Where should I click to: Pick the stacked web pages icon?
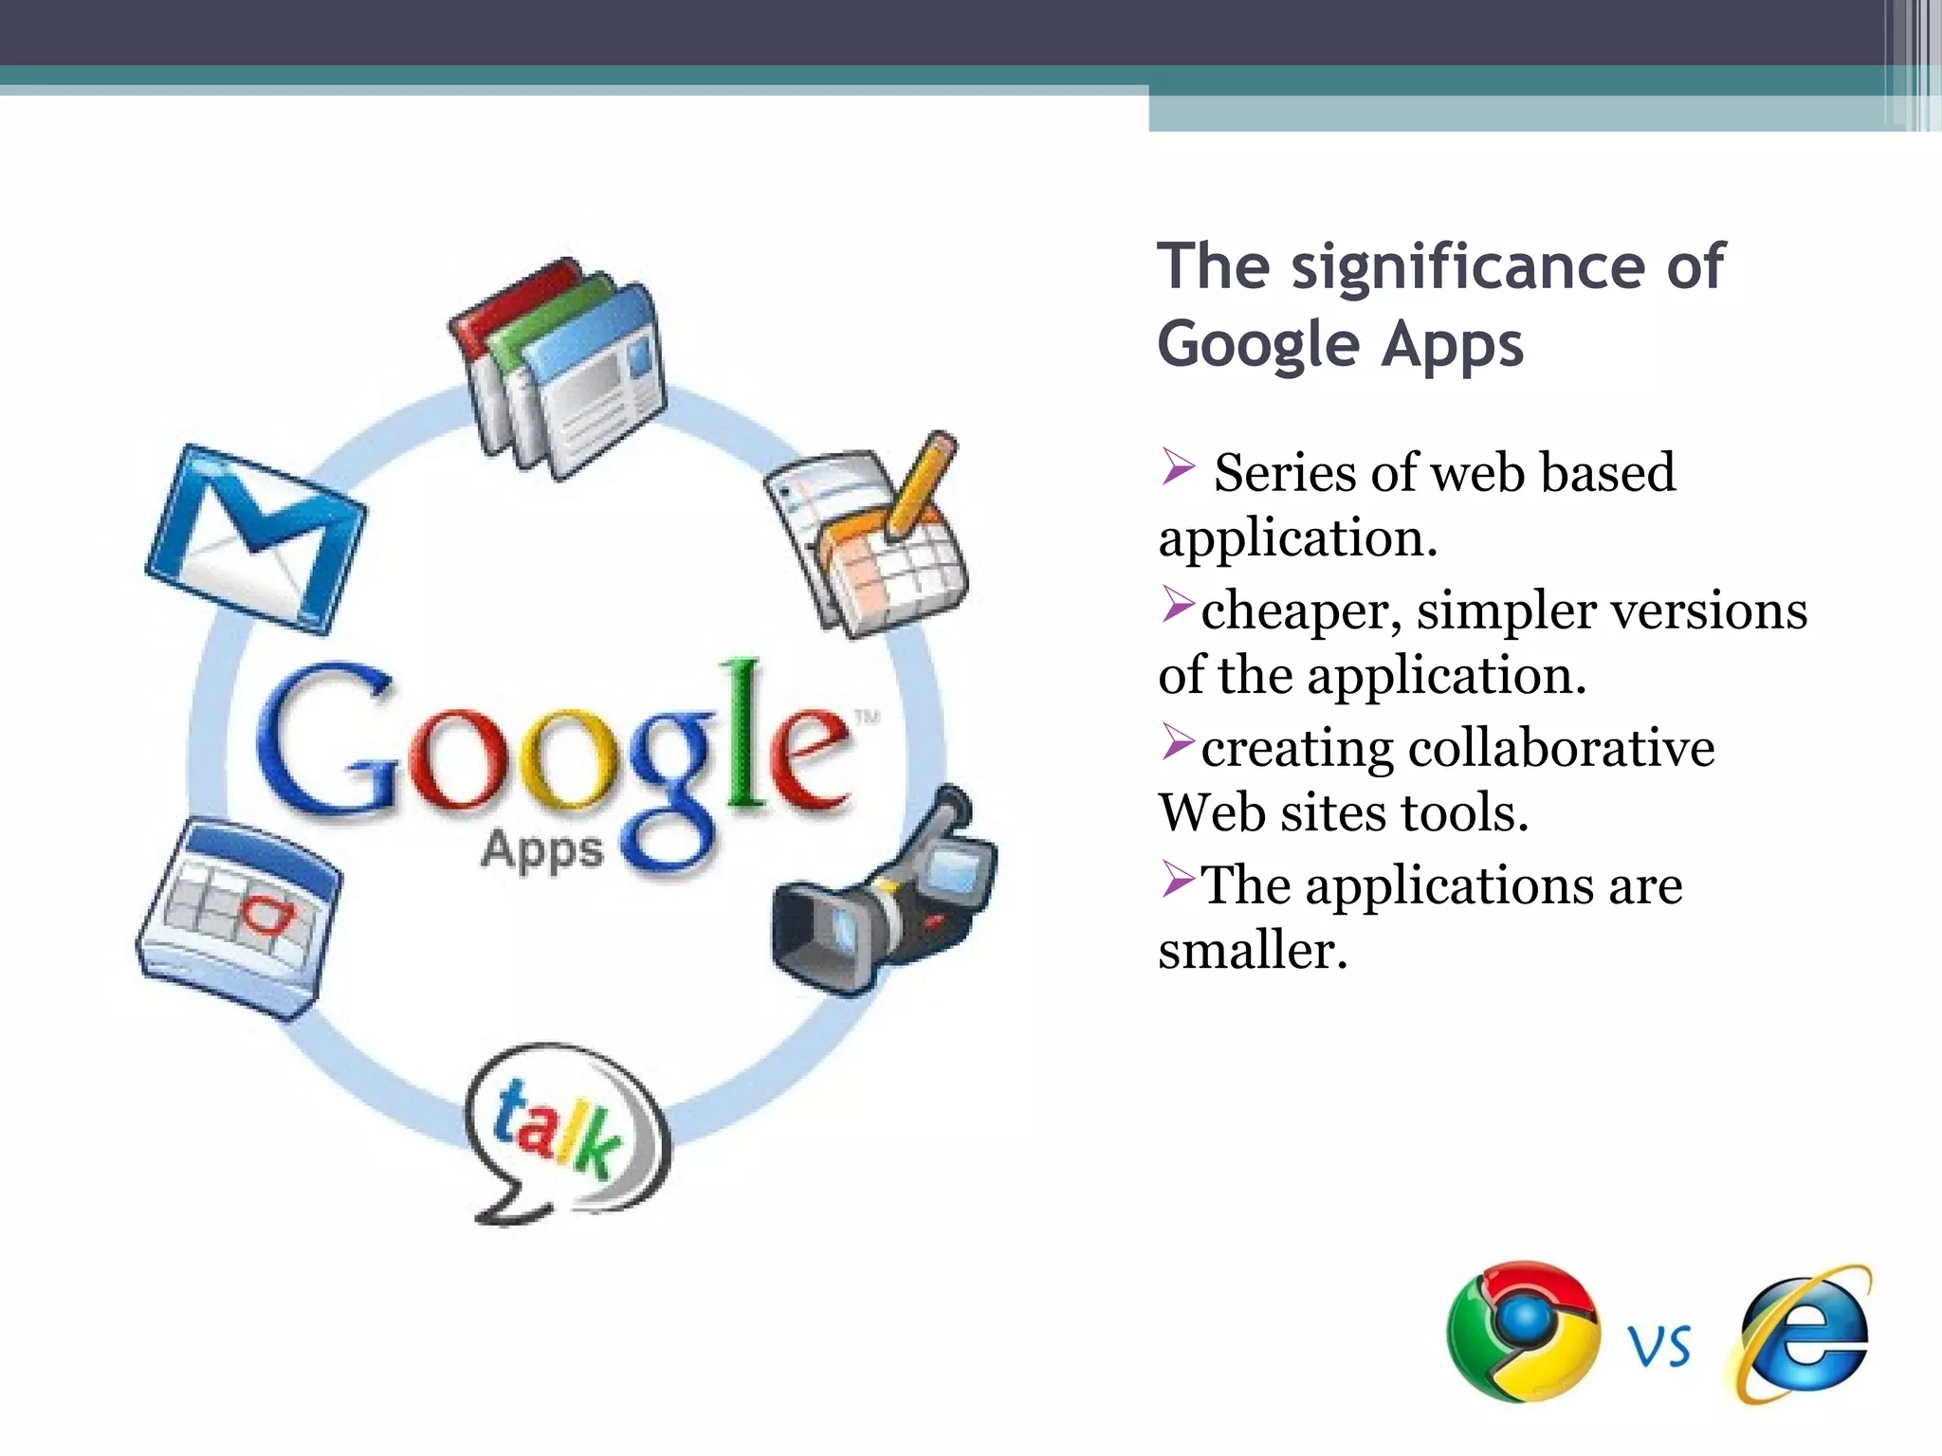(x=559, y=370)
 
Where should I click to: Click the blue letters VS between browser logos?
(x=1659, y=1346)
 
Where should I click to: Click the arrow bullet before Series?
(x=1178, y=466)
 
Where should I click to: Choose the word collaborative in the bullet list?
(x=1561, y=748)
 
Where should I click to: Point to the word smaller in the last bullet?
(x=1252, y=950)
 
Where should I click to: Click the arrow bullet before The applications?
(x=1178, y=881)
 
